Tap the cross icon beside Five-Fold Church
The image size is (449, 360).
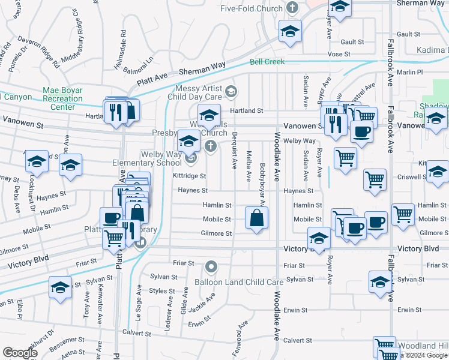pos(292,8)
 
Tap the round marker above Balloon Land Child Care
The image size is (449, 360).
pos(211,266)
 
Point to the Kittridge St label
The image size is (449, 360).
pos(190,176)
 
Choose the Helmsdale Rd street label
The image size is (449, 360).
pos(124,46)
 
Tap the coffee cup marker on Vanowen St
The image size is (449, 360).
pos(361,131)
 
